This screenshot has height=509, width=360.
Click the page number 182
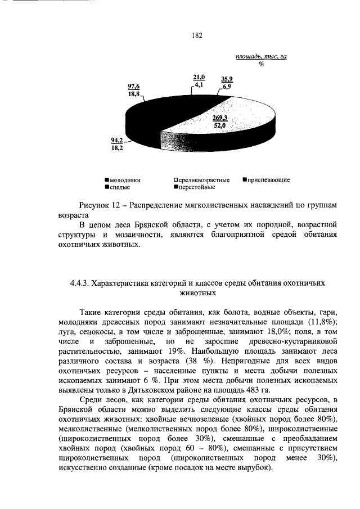click(197, 35)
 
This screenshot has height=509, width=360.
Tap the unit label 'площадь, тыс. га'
click(261, 57)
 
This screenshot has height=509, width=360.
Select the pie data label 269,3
click(219, 118)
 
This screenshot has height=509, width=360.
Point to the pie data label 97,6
click(134, 86)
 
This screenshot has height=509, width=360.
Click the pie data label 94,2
click(116, 142)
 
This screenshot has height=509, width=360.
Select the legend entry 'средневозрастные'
click(202, 179)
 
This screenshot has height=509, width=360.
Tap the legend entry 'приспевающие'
click(267, 179)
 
